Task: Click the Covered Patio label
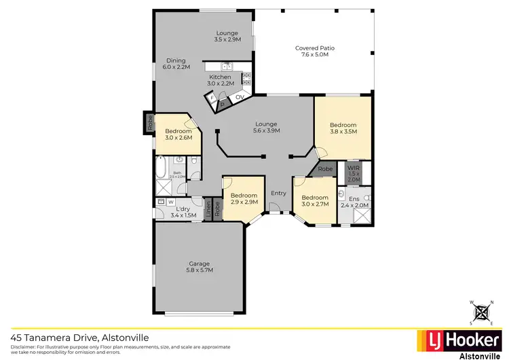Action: point(316,52)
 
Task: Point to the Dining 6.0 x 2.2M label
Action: point(176,63)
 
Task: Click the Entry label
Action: point(278,194)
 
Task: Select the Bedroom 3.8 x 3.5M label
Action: point(343,129)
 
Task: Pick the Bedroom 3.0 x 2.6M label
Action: point(178,134)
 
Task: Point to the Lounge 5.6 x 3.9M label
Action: point(267,127)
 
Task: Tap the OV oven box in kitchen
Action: point(239,98)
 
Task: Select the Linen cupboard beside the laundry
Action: point(207,207)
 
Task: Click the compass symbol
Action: point(483,312)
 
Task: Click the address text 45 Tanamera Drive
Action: point(79,337)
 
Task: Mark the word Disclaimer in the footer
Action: point(23,346)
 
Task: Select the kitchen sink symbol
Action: point(227,66)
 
